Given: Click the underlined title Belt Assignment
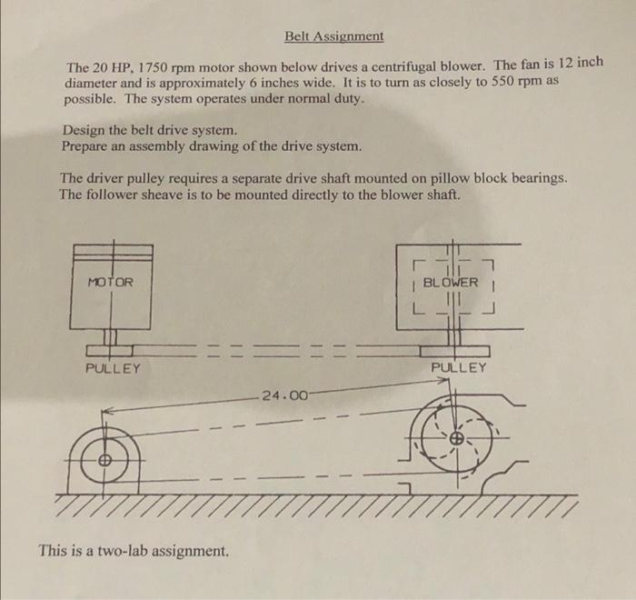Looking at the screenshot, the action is [333, 37].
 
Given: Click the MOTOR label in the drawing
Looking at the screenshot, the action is [110, 283].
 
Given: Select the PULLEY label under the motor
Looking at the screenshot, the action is [113, 369].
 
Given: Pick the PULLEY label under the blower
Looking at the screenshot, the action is [459, 368].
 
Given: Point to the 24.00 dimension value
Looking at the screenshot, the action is [284, 395].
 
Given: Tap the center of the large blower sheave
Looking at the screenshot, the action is [457, 439].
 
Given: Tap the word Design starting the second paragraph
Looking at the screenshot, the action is [84, 130].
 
